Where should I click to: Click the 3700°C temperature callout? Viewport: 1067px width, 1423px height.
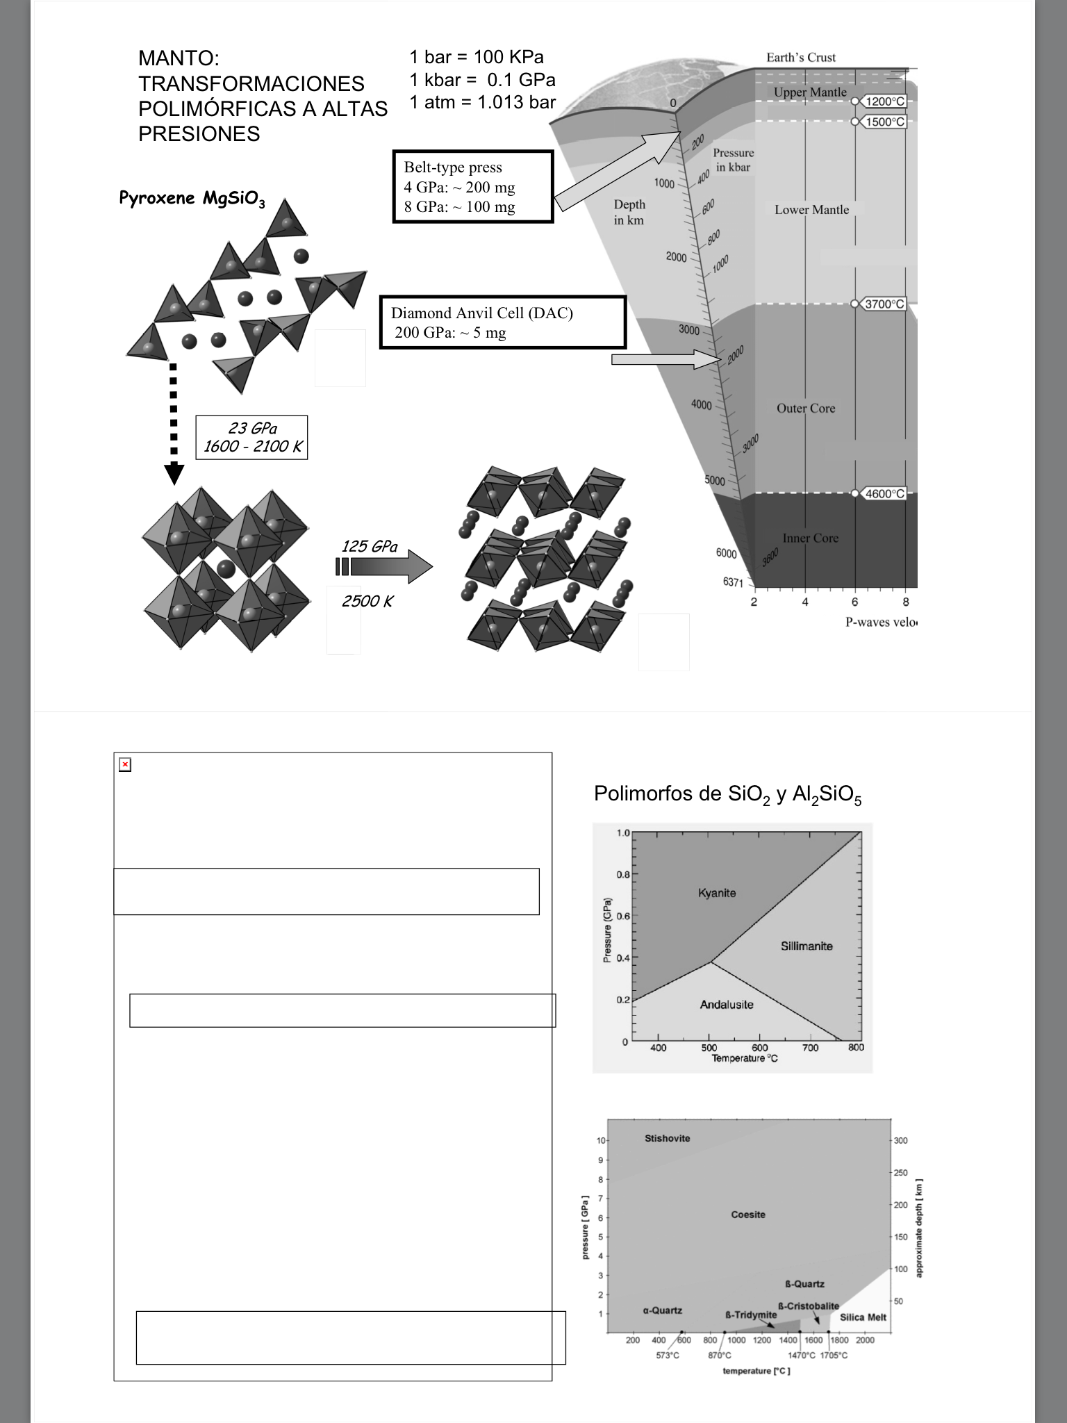(884, 304)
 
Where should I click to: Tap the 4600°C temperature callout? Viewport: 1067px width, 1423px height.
(884, 493)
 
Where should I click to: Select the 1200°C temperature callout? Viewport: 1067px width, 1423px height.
(885, 101)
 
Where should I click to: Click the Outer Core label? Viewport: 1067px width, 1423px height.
(806, 408)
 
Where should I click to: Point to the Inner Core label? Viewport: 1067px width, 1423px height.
(810, 538)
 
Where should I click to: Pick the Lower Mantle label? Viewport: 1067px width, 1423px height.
(811, 209)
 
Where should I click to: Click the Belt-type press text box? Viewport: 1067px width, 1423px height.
(473, 186)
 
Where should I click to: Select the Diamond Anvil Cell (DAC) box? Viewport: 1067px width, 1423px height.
(503, 322)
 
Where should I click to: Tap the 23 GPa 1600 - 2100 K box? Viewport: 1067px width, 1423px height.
(251, 438)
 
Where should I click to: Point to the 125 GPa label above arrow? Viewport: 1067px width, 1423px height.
(370, 546)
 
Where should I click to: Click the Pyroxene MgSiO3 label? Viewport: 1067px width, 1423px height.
(192, 199)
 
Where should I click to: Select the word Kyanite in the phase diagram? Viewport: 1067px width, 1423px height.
(717, 893)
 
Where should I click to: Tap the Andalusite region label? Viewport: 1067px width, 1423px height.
(727, 1004)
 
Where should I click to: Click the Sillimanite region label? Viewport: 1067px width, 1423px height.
(806, 946)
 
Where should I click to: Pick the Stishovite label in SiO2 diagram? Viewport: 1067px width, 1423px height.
(667, 1138)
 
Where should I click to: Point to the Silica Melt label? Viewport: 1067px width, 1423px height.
(863, 1317)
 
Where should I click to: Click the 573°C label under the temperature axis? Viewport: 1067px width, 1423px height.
(667, 1356)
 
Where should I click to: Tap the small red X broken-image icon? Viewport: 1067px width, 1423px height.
(125, 765)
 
